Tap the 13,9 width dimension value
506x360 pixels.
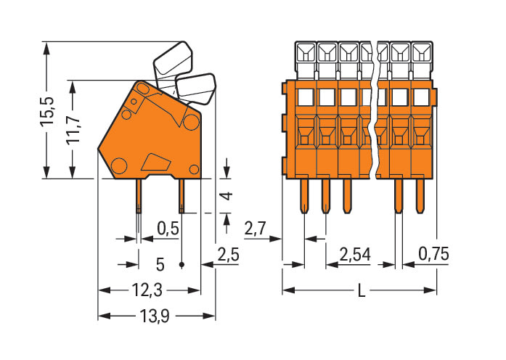(x=155, y=316)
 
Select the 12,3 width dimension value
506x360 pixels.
(x=148, y=291)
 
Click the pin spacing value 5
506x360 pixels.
(x=160, y=263)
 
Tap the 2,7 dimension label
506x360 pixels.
(x=256, y=229)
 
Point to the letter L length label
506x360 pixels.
(x=361, y=292)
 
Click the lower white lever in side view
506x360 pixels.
(x=197, y=88)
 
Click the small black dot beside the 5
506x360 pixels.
(x=181, y=264)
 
